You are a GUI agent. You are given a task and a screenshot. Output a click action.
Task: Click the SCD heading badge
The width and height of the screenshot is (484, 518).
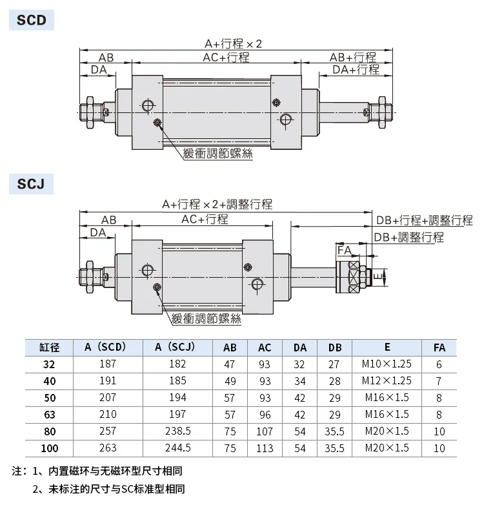(32, 20)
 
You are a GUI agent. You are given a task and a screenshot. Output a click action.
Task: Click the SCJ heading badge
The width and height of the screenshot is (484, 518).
(31, 184)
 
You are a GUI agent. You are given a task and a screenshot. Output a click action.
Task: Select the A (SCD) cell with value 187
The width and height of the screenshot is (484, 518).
(108, 364)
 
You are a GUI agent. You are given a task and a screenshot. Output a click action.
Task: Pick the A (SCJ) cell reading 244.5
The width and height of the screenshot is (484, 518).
(178, 448)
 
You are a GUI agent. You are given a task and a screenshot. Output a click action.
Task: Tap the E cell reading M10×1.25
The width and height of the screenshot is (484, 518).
(387, 364)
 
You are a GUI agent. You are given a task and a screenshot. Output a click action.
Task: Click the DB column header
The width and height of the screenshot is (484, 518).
(335, 347)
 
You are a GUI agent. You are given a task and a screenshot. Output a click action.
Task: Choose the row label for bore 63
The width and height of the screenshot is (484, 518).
(50, 415)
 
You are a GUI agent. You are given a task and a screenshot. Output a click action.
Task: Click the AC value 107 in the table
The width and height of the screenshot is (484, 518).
(265, 431)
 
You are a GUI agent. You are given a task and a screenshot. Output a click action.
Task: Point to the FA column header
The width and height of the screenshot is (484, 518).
(439, 347)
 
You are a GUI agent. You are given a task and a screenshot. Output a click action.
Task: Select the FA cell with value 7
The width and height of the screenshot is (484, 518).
(439, 381)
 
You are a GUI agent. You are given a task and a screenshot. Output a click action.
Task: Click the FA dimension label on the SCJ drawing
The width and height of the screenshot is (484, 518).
(345, 251)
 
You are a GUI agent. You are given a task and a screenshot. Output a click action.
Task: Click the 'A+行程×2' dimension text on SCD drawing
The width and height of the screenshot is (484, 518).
(233, 44)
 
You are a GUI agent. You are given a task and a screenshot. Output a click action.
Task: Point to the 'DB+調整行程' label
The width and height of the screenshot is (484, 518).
(408, 237)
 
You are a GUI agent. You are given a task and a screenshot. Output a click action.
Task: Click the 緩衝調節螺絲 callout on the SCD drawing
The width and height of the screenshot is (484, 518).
(218, 154)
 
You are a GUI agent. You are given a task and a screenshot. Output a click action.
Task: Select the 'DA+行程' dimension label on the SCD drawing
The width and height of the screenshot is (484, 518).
(356, 70)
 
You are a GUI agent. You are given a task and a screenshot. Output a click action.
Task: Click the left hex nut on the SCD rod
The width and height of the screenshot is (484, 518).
(90, 112)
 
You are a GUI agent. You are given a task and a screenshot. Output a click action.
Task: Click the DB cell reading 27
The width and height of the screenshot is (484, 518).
(334, 364)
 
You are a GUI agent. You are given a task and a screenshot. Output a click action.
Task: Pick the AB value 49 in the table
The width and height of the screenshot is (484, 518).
(230, 381)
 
